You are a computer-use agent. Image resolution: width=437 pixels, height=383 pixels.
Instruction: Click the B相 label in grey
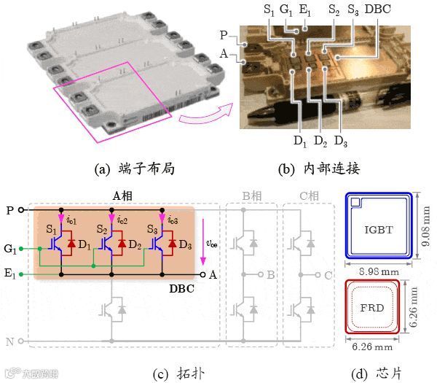tap(252, 195)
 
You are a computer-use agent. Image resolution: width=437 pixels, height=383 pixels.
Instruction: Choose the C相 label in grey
tap(309, 195)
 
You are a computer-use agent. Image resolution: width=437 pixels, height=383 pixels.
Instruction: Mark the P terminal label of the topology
tap(9, 210)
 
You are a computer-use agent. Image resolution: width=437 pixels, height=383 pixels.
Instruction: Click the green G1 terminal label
tap(10, 250)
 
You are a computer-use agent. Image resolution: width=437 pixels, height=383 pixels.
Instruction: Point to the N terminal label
tap(9, 341)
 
